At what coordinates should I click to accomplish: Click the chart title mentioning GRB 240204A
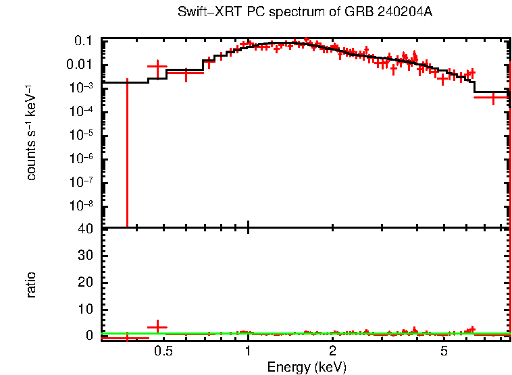point(304,13)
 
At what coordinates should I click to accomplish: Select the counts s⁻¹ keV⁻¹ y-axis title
point(31,133)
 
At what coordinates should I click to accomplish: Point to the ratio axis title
point(31,285)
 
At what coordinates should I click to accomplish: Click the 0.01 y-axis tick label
point(79,65)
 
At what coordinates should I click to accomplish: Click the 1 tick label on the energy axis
point(249,351)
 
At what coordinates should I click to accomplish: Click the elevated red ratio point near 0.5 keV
point(157,326)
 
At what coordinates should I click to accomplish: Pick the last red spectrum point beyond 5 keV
point(493,97)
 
